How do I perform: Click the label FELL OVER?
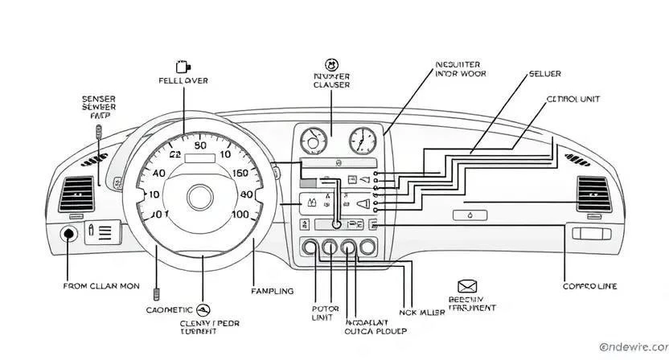point(183,81)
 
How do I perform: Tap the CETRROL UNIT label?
point(573,99)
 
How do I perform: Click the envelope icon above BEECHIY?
point(466,286)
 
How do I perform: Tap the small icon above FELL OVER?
point(183,66)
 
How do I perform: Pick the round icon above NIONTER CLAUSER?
point(330,64)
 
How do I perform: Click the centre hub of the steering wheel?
point(199,196)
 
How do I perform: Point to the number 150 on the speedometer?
point(241,173)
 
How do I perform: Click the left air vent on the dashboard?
point(80,191)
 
